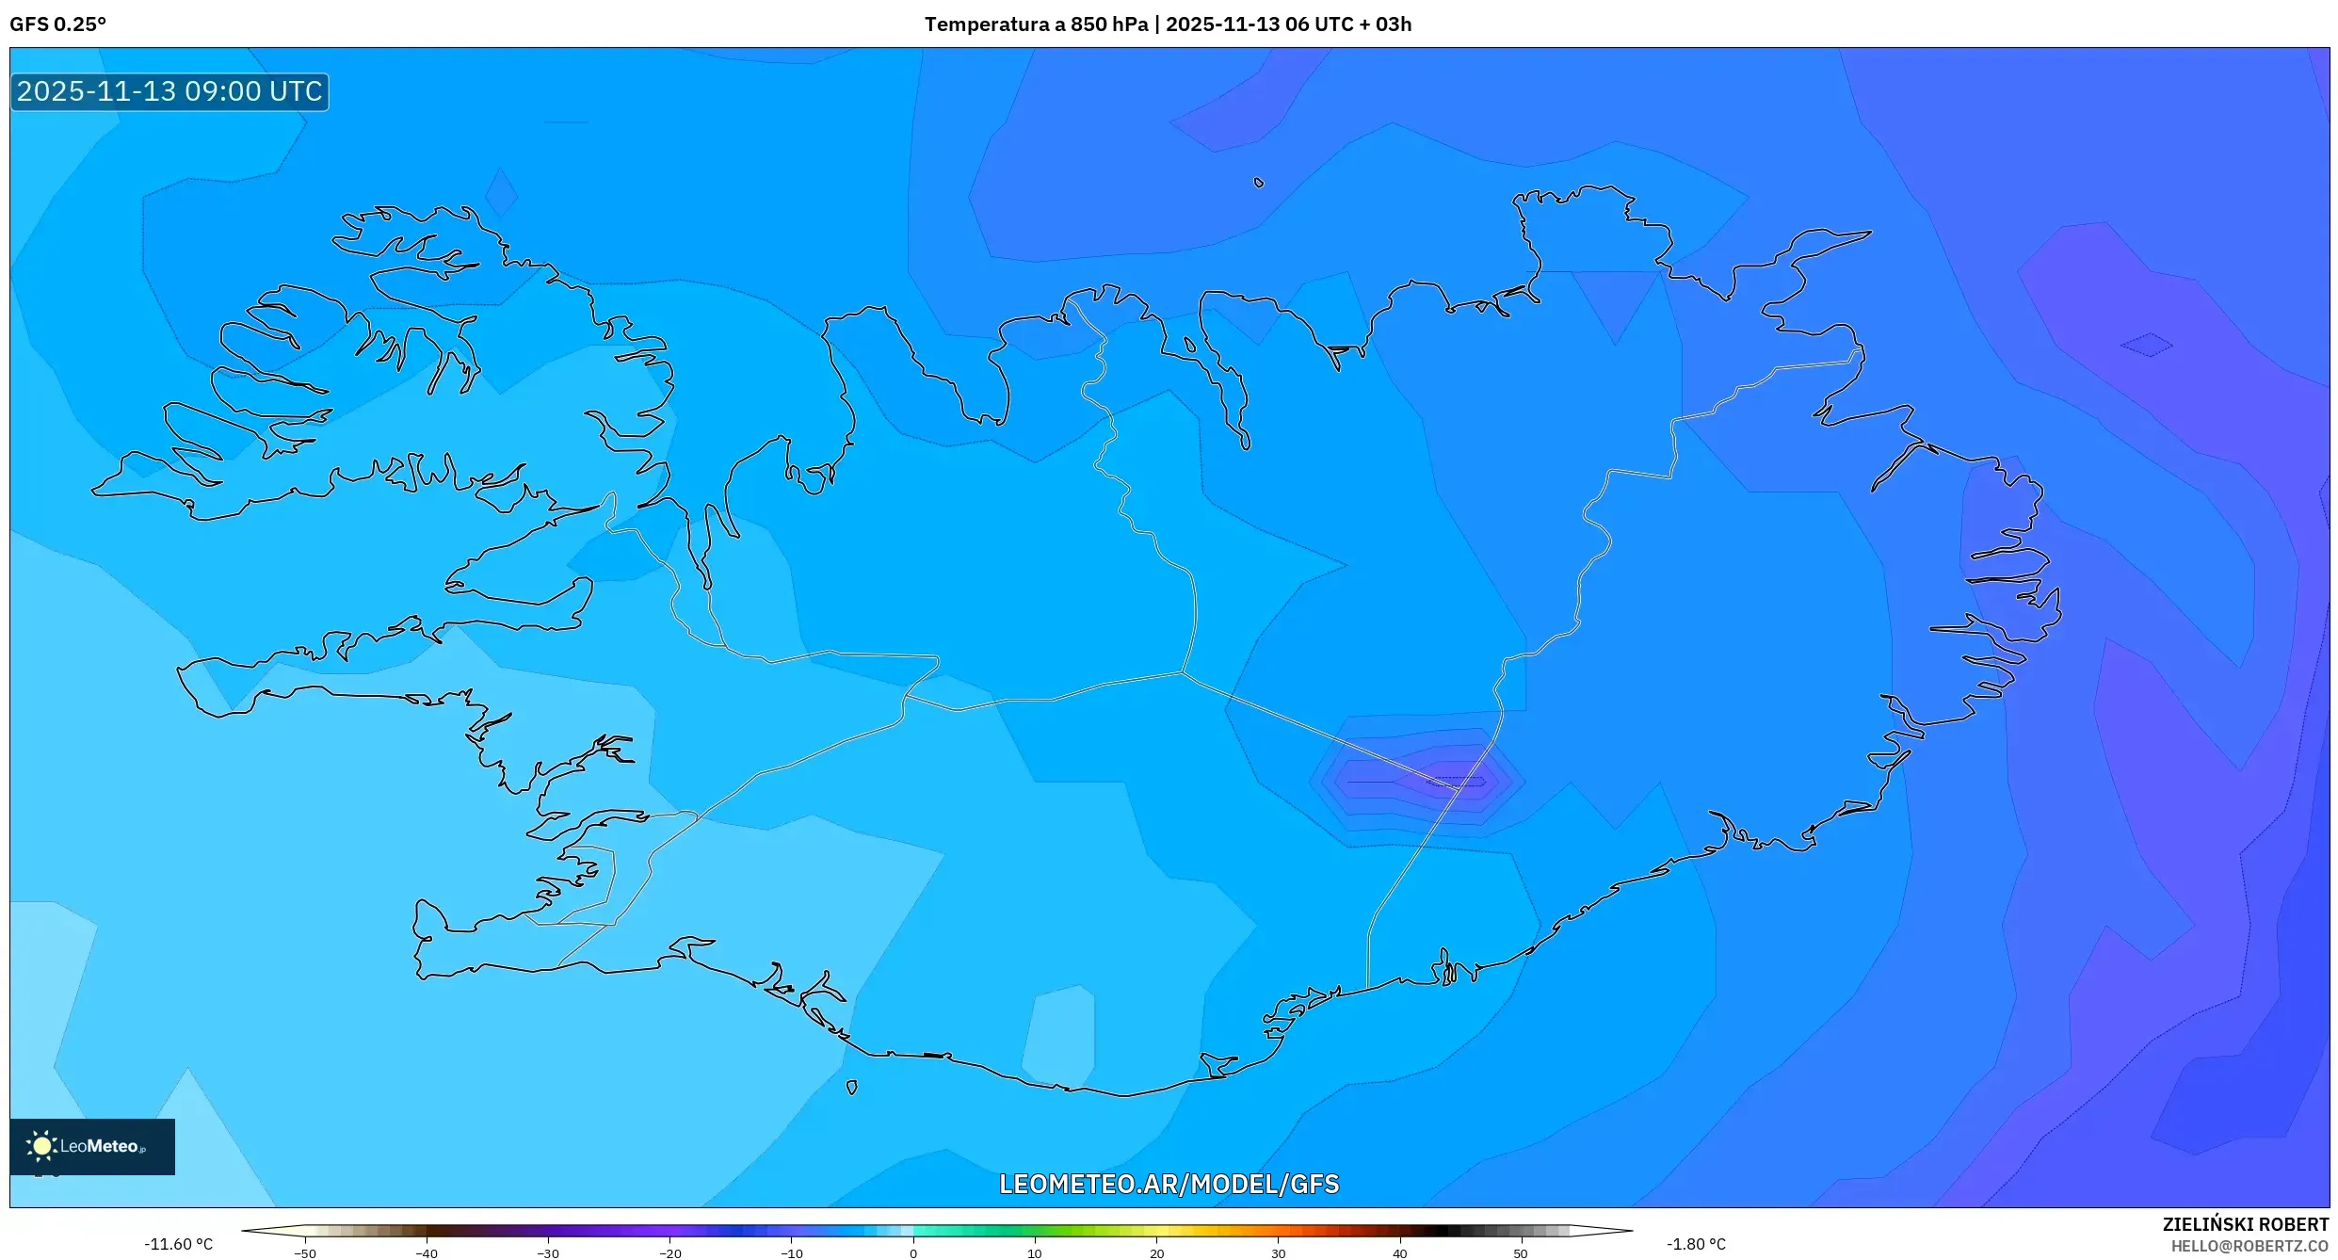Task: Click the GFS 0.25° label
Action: point(57,24)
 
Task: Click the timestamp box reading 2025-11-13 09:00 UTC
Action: point(169,91)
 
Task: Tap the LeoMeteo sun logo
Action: point(41,1145)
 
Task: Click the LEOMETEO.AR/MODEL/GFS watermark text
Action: point(1169,1184)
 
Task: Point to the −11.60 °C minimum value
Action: point(178,1244)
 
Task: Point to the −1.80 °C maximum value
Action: point(1696,1244)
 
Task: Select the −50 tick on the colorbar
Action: point(305,1252)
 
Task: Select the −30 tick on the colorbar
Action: point(548,1252)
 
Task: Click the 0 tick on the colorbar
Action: point(912,1252)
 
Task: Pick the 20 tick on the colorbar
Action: point(1156,1252)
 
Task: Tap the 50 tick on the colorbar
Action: point(1521,1252)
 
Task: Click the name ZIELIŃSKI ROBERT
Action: point(2245,1224)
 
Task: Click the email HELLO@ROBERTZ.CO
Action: point(2249,1246)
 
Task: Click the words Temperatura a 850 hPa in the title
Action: point(1035,24)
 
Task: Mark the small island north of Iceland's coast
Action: point(1259,183)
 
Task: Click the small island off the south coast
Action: point(852,1088)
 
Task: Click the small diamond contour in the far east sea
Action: point(2147,345)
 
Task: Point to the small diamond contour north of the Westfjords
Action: point(501,192)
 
